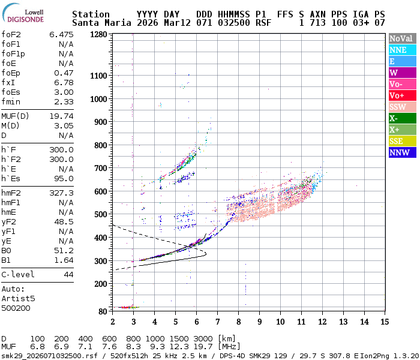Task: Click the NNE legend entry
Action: tap(401, 50)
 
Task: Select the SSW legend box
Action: tap(401, 107)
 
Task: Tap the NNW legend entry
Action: tap(401, 152)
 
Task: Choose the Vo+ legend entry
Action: tap(401, 95)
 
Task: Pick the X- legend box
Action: tap(401, 118)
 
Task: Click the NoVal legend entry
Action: tap(401, 38)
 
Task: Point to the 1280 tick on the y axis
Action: tap(99, 35)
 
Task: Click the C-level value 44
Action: tap(68, 275)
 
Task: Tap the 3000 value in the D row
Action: tap(204, 339)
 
